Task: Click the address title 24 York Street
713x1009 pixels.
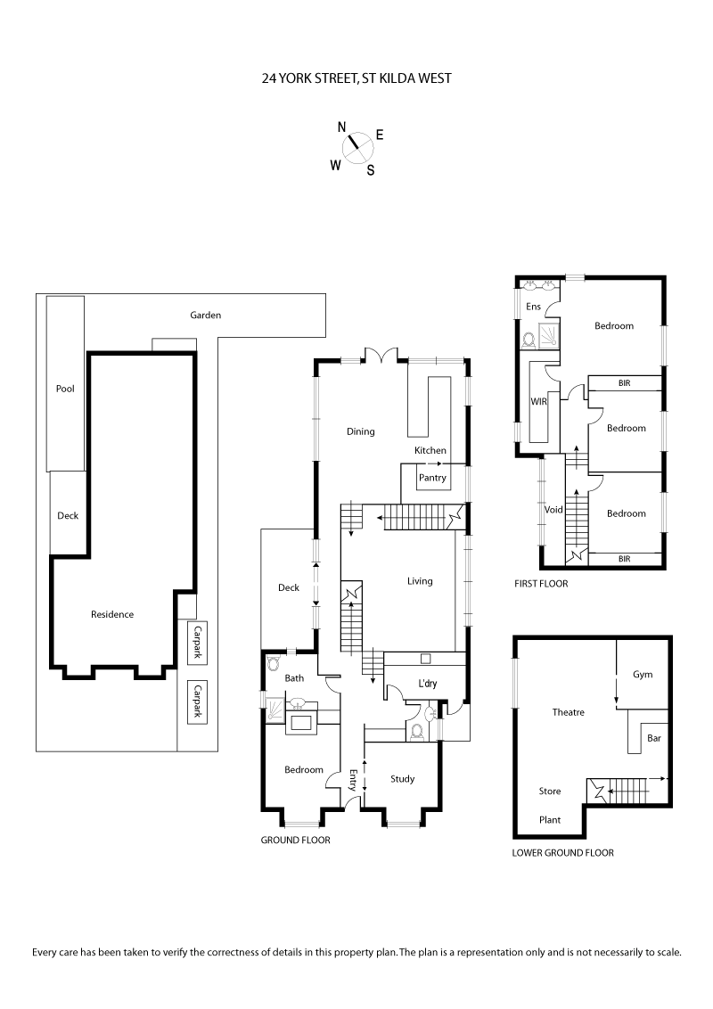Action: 356,78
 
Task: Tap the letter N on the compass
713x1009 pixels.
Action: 341,127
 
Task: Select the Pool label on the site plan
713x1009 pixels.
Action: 65,389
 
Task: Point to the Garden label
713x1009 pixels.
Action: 205,315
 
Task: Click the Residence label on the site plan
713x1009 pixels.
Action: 112,614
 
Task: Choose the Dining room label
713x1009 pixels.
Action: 361,431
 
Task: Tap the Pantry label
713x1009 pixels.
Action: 432,478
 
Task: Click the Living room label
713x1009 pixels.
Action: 420,581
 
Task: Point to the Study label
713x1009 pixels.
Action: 403,779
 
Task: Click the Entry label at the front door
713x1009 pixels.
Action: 354,781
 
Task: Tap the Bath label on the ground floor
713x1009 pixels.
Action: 294,678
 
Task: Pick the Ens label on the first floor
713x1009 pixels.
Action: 533,307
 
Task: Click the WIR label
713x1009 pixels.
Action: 537,402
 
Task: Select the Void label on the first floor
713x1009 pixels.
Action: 553,510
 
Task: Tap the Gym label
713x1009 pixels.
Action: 643,675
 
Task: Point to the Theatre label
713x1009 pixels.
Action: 568,712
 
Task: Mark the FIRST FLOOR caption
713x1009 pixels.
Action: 541,584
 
